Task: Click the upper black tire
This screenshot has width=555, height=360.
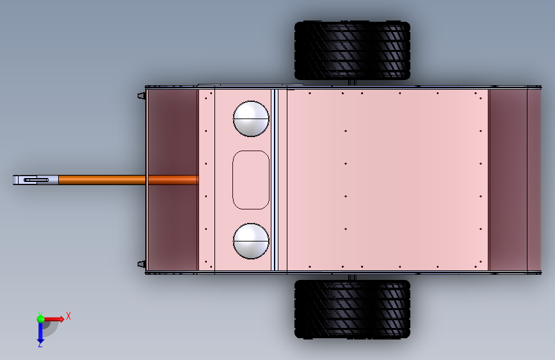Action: pos(352,51)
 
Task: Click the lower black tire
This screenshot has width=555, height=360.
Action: pos(352,309)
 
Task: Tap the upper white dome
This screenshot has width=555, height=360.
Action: pos(251,119)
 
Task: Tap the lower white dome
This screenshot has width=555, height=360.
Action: pos(251,241)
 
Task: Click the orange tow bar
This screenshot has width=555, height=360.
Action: pos(128,180)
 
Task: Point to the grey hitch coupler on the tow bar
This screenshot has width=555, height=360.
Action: pos(36,180)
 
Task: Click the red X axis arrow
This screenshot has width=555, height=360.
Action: pos(53,319)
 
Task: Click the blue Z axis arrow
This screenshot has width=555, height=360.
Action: pos(40,331)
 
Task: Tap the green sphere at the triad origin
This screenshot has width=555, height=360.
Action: pos(40,319)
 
